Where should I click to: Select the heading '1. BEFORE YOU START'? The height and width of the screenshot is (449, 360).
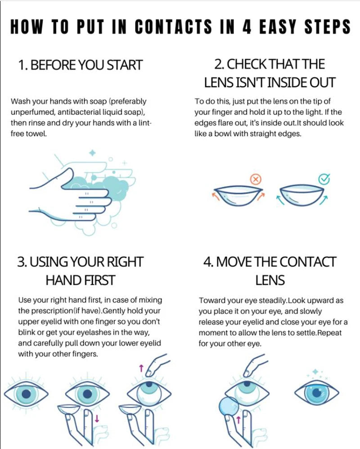80,65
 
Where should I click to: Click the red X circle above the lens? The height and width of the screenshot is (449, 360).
256,180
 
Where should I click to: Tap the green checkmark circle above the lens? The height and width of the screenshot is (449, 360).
324,179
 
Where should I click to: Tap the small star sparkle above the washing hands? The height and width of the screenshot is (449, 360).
93,153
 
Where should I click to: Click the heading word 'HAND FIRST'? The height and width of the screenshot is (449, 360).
80,280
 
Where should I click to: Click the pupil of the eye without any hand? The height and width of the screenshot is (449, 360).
26,392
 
